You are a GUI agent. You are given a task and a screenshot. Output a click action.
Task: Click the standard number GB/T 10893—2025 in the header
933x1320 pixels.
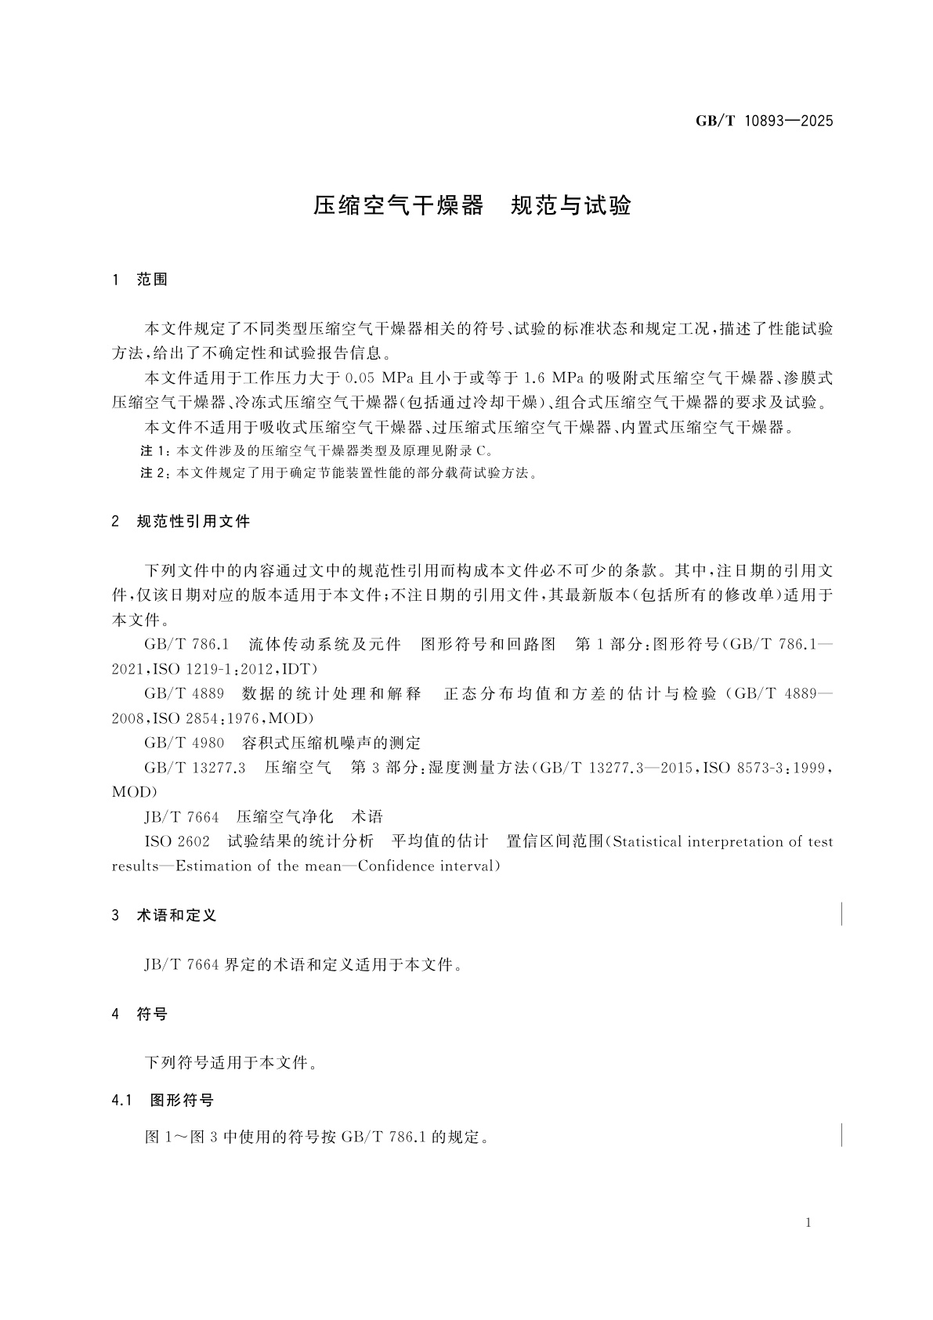pyautogui.click(x=764, y=121)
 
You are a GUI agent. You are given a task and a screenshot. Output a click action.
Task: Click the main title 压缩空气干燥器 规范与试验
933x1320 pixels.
pyautogui.click(x=472, y=205)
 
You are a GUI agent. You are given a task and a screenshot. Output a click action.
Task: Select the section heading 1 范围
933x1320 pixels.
pyautogui.click(x=140, y=280)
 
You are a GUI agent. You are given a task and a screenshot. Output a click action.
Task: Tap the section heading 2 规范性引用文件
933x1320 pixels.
pyautogui.click(x=181, y=521)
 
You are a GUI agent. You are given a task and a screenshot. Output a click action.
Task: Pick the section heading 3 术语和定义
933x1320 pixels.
pyautogui.click(x=164, y=915)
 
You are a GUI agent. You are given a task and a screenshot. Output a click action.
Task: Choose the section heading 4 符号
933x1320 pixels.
pyautogui.click(x=140, y=1014)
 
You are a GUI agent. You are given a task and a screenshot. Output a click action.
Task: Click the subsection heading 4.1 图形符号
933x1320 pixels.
pyautogui.click(x=163, y=1101)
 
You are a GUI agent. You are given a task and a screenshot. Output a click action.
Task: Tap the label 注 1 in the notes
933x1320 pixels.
pyautogui.click(x=154, y=451)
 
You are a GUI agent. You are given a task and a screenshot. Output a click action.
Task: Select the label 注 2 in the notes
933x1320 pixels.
pyautogui.click(x=154, y=473)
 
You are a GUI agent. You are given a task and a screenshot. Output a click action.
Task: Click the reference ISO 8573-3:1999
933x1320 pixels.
pyautogui.click(x=765, y=768)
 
